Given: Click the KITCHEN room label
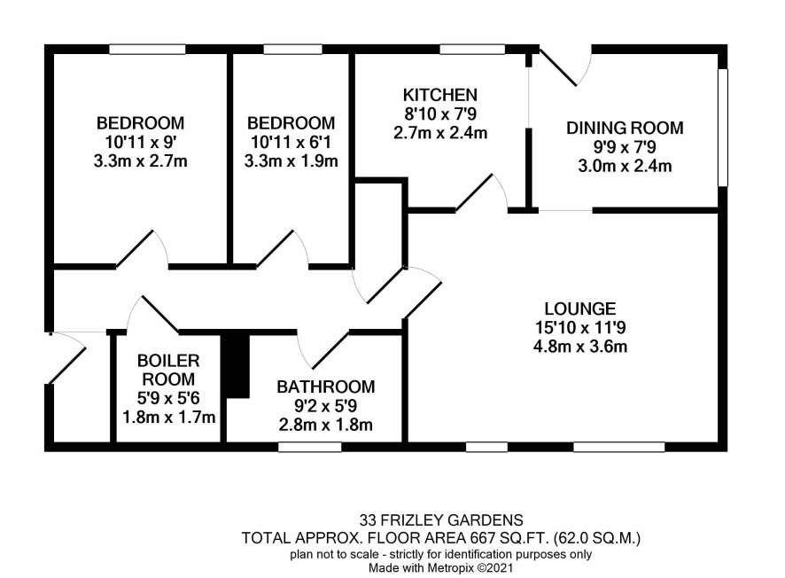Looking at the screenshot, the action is (x=440, y=95).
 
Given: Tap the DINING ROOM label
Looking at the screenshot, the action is (x=625, y=128).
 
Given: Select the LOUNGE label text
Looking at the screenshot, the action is (x=580, y=309).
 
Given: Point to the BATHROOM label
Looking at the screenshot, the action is (x=326, y=387).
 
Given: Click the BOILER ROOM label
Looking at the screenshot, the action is (x=168, y=370).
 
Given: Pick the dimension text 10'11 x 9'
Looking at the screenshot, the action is (x=140, y=142).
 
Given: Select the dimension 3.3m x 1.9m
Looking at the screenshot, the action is (x=291, y=161).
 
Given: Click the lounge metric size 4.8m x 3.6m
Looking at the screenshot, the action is (x=580, y=347).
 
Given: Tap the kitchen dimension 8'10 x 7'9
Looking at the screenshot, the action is (x=440, y=113).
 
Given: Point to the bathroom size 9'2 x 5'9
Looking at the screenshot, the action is (x=326, y=406).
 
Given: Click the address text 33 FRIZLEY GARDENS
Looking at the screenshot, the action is (x=441, y=519).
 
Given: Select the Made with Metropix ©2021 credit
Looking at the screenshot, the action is (x=441, y=568).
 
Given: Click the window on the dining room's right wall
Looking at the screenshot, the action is (x=722, y=128).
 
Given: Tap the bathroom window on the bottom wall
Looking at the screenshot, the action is (x=310, y=447).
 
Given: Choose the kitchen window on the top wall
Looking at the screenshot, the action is (x=472, y=49).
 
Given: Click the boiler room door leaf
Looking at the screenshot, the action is (x=160, y=315).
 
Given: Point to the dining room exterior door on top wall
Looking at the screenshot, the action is (x=557, y=67).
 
